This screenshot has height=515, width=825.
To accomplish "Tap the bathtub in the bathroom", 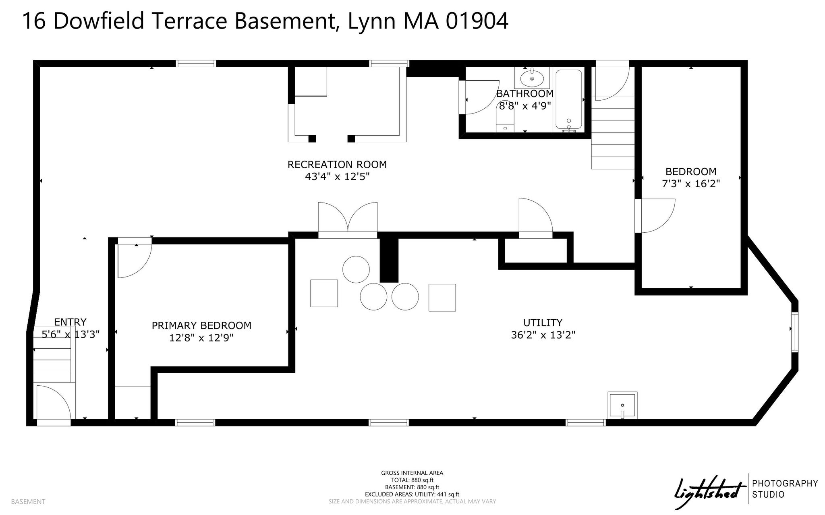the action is point(568,99).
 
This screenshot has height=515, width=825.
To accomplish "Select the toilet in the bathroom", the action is point(506,121).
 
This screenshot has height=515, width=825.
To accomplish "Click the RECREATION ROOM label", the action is point(337,164).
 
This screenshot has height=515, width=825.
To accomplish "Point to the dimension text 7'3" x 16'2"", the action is point(691,184).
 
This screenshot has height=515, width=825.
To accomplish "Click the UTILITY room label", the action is point(543,323).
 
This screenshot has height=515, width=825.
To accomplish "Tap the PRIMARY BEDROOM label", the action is point(201,325).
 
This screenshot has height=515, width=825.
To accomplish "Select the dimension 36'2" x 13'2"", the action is point(543,335).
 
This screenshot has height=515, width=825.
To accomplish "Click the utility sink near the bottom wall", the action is point(622,405).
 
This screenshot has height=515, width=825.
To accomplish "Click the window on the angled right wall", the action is point(794,332).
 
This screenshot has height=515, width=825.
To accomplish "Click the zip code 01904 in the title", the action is point(477,21).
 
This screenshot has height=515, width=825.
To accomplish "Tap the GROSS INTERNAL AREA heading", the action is point(412,473).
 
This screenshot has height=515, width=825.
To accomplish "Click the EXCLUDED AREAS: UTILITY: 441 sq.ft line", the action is point(412,494).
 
